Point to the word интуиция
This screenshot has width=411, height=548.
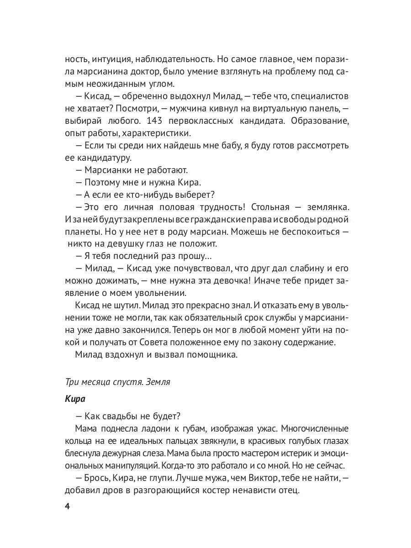pos(115,60)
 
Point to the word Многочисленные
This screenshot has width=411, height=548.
pos(315,429)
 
